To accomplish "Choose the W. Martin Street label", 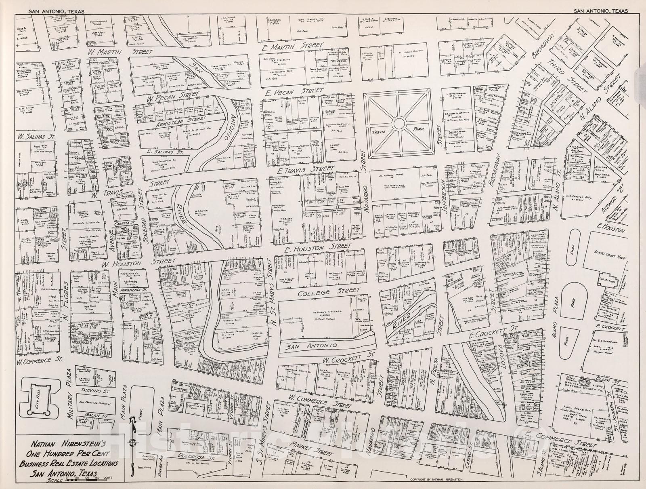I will click(x=121, y=52).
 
